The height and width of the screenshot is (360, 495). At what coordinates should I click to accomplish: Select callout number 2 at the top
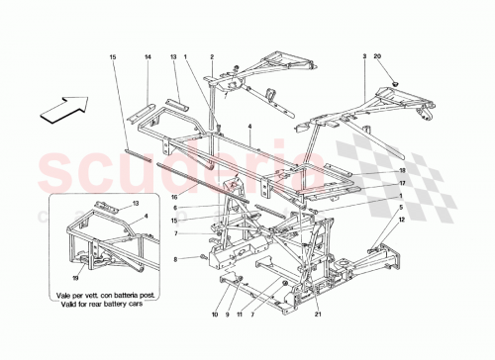click(212, 57)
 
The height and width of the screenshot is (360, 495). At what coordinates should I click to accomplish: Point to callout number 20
click(390, 57)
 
